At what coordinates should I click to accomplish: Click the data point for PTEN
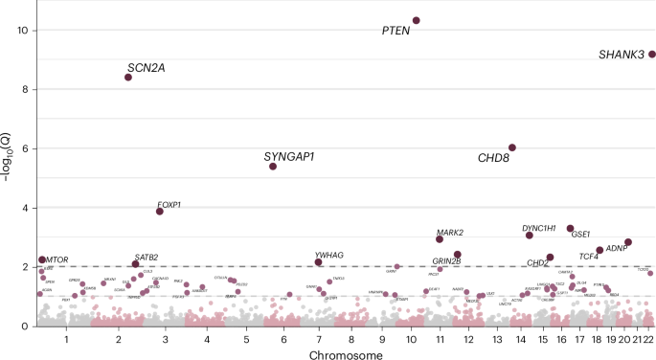tap(417, 20)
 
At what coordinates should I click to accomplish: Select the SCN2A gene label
tap(146, 67)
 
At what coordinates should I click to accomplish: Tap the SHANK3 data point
tap(652, 55)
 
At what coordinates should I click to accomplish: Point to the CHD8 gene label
tap(493, 158)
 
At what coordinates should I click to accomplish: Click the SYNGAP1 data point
tap(273, 167)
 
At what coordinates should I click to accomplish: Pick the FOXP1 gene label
tap(170, 204)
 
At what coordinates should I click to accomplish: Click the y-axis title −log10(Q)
tap(10, 163)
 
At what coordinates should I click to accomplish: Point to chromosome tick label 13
tap(496, 338)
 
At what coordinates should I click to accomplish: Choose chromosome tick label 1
tap(66, 338)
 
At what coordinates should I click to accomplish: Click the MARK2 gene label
tap(450, 233)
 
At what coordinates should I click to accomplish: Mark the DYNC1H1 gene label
tap(540, 228)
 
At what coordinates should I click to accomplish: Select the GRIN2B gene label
tap(446, 260)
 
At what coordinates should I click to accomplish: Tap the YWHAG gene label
tap(330, 255)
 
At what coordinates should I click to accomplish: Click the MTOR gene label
tap(57, 259)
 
